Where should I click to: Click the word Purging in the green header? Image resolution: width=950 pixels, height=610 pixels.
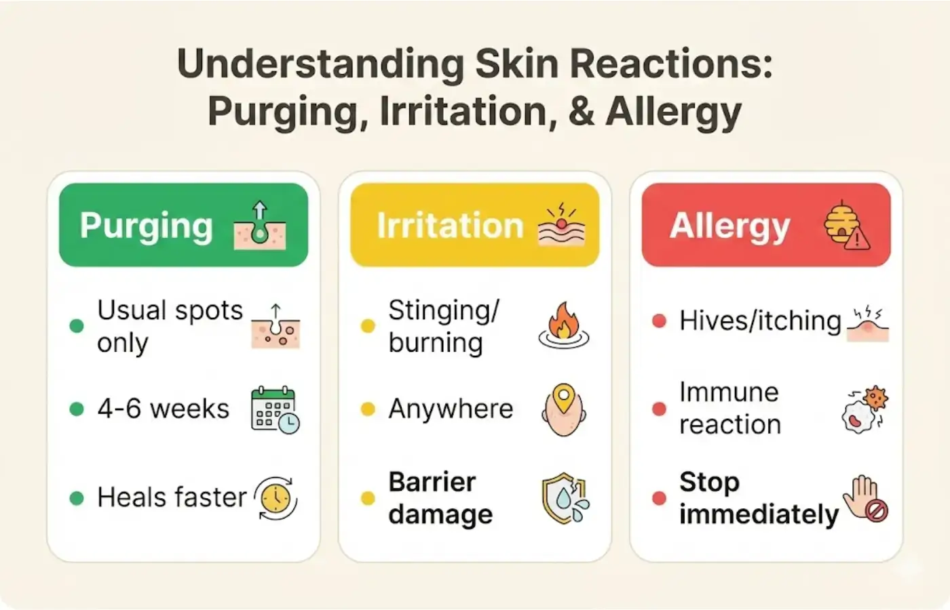tap(147, 226)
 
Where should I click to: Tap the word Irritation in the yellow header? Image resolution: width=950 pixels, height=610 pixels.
tap(450, 226)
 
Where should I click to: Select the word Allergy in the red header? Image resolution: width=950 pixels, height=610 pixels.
tap(729, 226)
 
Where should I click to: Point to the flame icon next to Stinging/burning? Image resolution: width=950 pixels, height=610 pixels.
tap(564, 326)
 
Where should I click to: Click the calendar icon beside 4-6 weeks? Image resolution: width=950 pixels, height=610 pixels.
tap(275, 409)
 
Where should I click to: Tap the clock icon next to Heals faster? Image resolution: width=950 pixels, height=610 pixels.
tap(276, 499)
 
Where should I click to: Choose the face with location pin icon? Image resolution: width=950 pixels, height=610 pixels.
tap(563, 409)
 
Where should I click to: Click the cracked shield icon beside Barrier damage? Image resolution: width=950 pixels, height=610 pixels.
tap(565, 499)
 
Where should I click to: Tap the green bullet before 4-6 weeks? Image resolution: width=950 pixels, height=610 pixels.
tap(77, 409)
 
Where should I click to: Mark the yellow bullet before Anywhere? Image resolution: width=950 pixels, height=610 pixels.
tap(368, 409)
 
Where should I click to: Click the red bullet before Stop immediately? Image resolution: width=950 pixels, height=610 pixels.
tap(659, 499)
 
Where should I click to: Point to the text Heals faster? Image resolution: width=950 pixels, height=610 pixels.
tap(172, 497)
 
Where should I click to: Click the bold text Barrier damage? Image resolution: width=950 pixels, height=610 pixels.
tap(440, 498)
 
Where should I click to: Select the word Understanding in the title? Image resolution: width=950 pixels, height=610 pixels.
tap(320, 65)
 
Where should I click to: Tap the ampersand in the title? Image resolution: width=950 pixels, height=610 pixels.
tap(582, 111)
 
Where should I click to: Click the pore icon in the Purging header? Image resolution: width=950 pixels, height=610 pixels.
tap(260, 225)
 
